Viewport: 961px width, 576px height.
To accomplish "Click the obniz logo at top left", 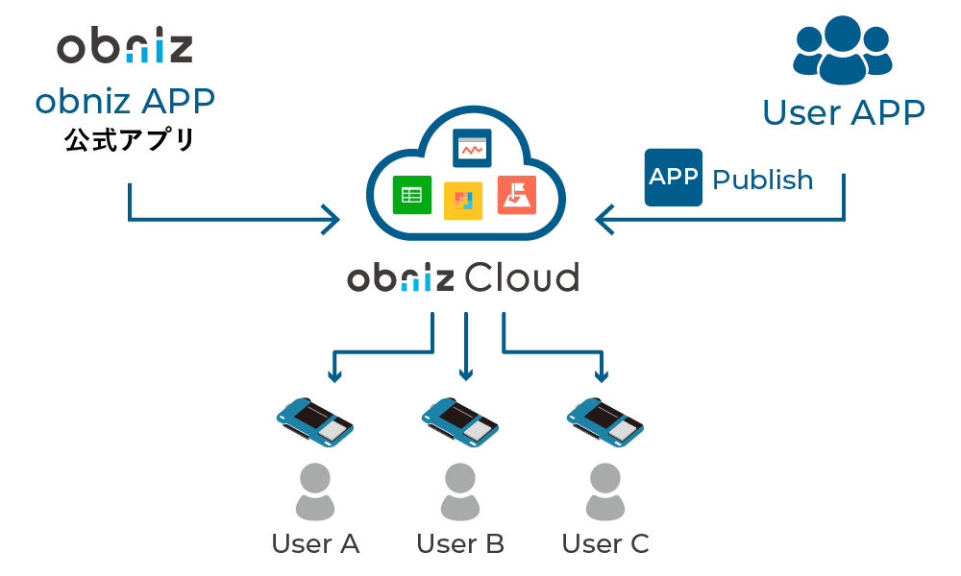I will coord(125,47).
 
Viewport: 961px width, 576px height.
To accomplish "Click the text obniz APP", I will coord(125,101).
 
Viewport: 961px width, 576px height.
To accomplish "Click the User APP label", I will coord(843,112).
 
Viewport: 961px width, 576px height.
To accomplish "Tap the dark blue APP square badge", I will coord(673,178).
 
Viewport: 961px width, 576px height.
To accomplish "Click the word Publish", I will coord(763,180).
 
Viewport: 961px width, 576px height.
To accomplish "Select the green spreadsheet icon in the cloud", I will coord(411,196).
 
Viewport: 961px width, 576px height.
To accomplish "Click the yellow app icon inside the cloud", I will coord(463,200).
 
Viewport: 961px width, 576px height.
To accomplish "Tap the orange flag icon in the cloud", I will coord(516,196).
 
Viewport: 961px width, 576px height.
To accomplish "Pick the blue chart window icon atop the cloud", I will coord(472,148).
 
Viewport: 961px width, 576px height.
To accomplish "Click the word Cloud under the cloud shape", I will coord(522,278).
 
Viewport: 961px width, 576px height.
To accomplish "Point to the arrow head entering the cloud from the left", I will coord(332,220).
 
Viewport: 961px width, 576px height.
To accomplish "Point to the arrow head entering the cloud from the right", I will coord(604,220).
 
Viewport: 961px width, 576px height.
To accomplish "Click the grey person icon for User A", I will coord(314,491).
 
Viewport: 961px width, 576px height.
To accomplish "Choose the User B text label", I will coord(460,544).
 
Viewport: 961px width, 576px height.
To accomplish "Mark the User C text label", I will coord(605,544).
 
